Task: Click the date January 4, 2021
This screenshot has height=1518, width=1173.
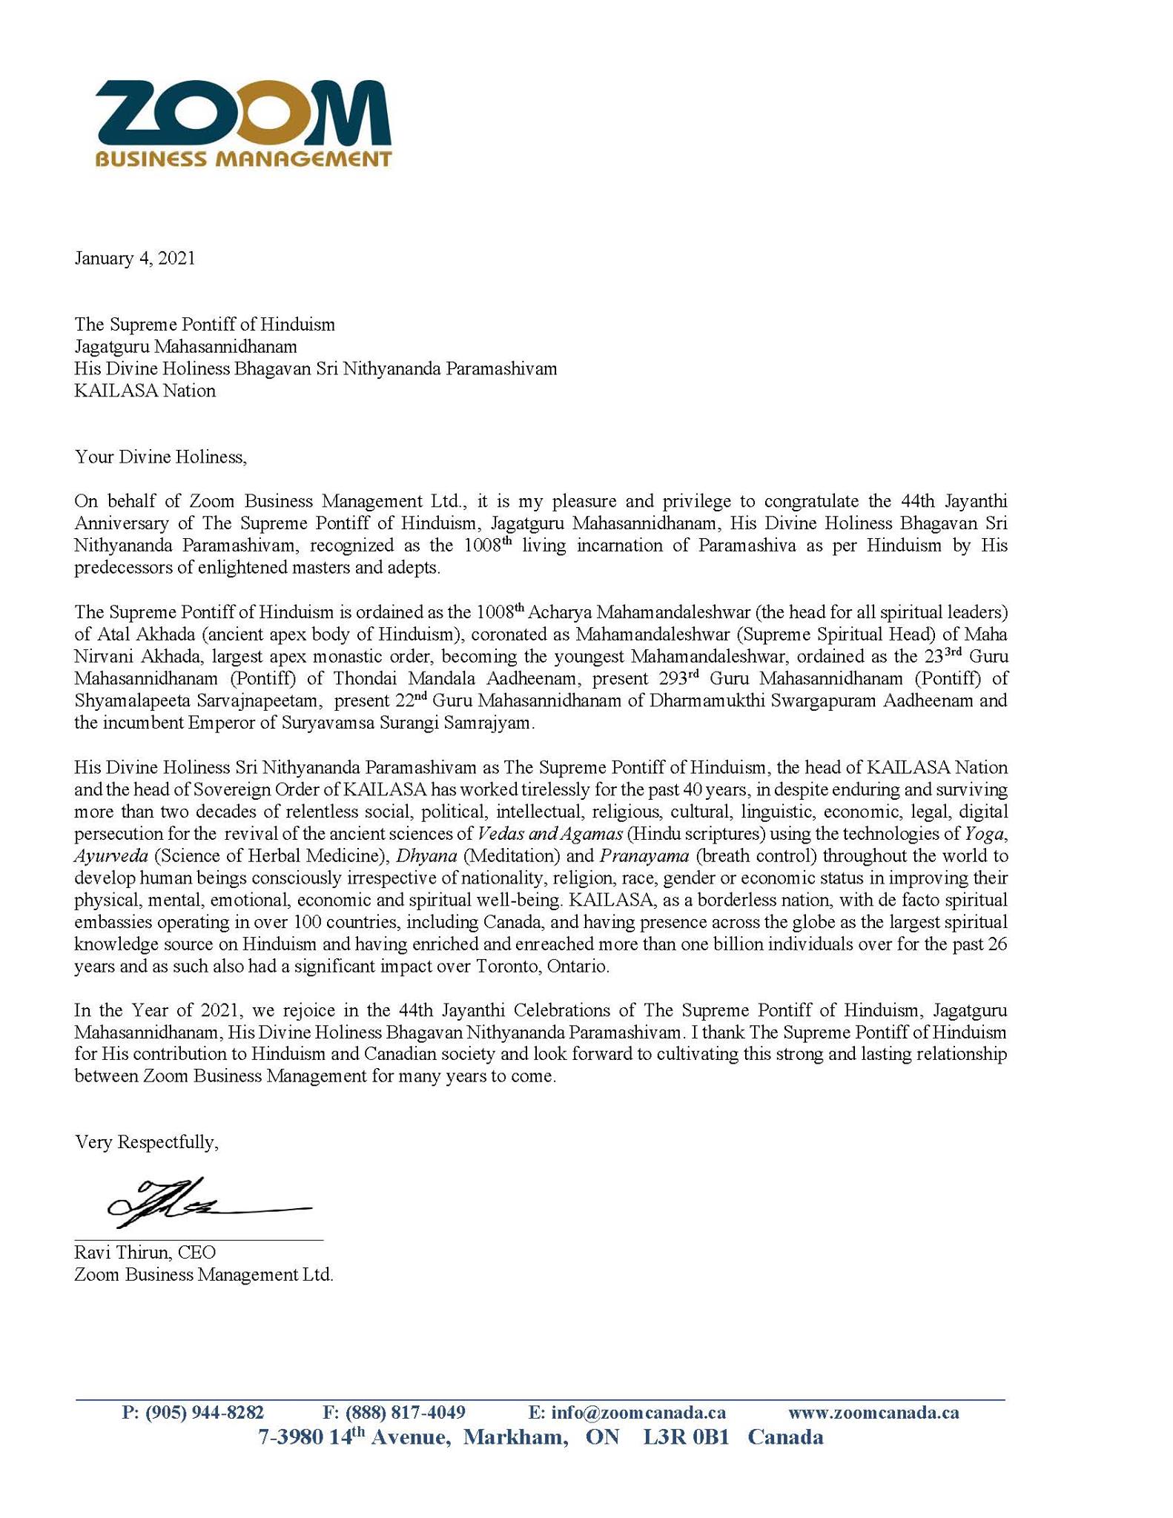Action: click(x=135, y=259)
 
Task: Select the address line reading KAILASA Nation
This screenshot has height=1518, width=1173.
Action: click(x=145, y=391)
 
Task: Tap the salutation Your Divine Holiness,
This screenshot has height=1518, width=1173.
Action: click(x=160, y=457)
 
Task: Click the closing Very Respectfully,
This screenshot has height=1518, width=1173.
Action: click(x=147, y=1142)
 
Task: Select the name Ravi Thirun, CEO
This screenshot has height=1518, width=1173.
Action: click(x=145, y=1253)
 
